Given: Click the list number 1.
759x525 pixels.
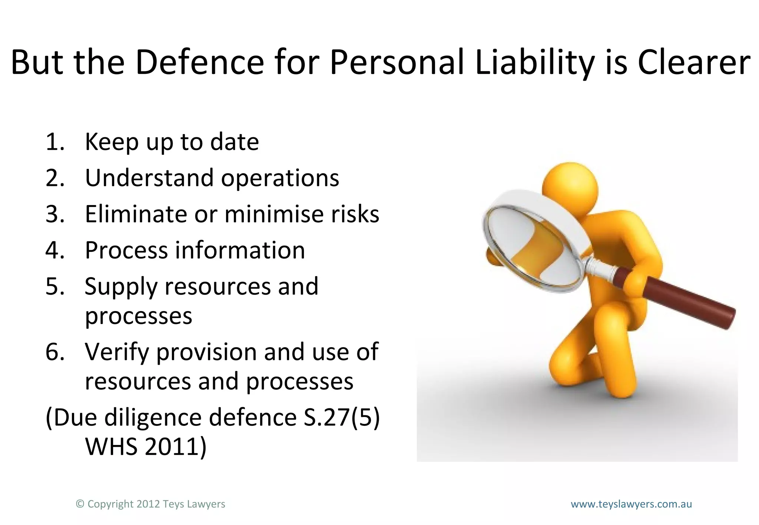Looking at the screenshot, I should pyautogui.click(x=54, y=142).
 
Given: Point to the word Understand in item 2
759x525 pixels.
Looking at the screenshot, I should pyautogui.click(x=149, y=178).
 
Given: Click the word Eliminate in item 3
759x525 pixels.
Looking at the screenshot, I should pyautogui.click(x=136, y=214).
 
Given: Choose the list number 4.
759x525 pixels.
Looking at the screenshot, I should pyautogui.click(x=54, y=250).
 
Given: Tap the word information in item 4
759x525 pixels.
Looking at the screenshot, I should pyautogui.click(x=240, y=250).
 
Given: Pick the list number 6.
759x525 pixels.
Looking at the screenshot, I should pyautogui.click(x=54, y=352).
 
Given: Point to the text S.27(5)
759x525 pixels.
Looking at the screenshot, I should pyautogui.click(x=341, y=418).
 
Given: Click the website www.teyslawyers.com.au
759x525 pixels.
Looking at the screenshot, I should pyautogui.click(x=631, y=504).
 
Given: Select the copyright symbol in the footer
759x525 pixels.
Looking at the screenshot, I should pyautogui.click(x=80, y=504).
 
